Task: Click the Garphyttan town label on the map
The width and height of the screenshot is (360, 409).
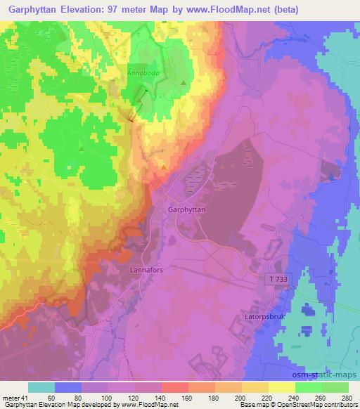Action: pyautogui.click(x=186, y=209)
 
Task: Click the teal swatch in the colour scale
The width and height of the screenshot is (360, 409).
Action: pyautogui.click(x=41, y=388)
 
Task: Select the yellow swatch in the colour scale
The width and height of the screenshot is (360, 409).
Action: pyautogui.click(x=281, y=388)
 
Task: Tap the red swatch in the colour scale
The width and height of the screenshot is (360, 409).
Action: pyautogui.click(x=174, y=388)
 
